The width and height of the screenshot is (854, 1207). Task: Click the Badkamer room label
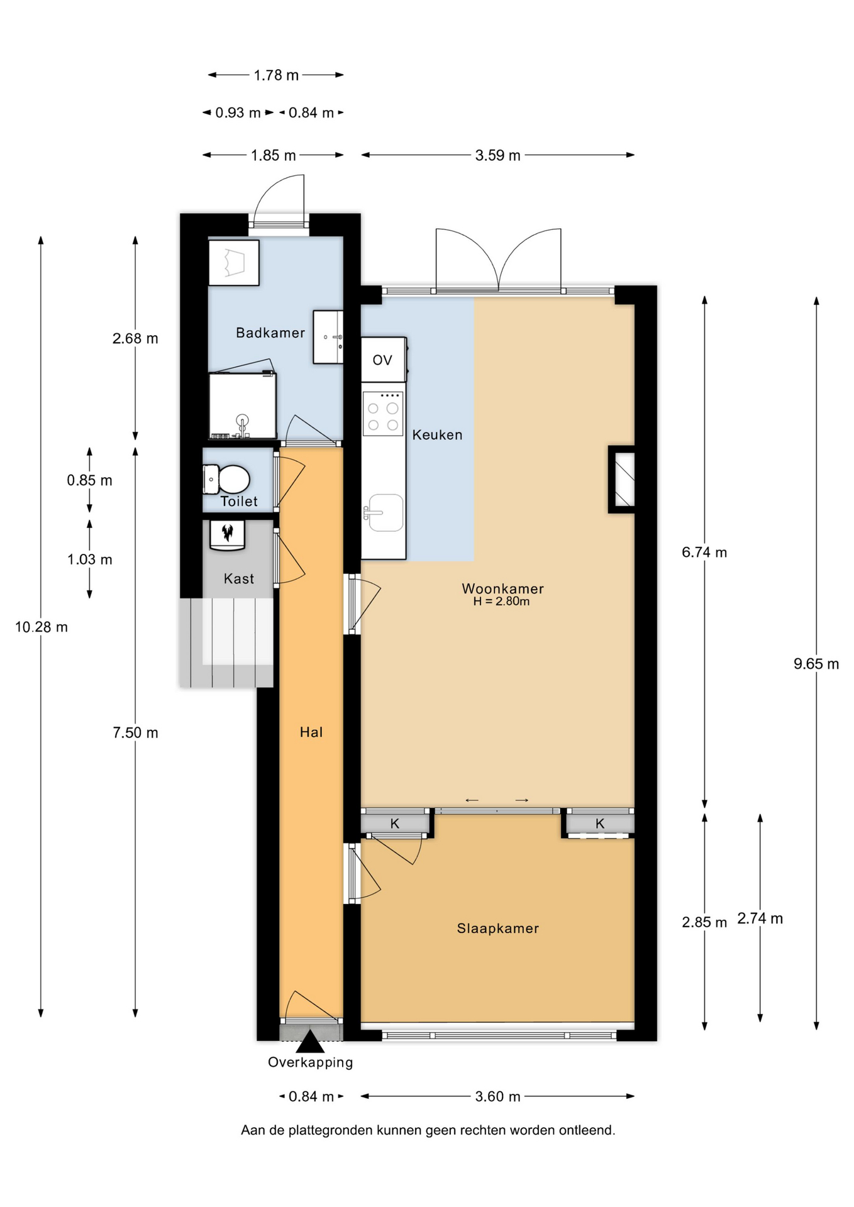coord(270,333)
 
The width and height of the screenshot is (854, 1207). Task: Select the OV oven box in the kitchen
coord(384,360)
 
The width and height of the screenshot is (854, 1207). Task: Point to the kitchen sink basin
coord(385,512)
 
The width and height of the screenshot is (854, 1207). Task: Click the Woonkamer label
coord(502,588)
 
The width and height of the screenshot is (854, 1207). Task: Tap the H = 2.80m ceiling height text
coord(501,602)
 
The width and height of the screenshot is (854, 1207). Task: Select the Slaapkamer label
coord(498,929)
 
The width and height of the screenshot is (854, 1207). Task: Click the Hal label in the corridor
coord(311,732)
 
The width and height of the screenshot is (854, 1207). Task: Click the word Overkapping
coord(311,1062)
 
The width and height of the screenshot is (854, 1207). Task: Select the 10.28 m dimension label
coord(42,627)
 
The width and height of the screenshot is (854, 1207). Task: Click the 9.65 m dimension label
coord(816,664)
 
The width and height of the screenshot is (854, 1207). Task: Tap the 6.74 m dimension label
coord(704,552)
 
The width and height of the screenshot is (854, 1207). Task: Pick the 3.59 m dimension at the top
coord(498,155)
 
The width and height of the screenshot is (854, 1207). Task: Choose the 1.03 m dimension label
coord(90,559)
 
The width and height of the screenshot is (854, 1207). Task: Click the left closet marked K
coord(395,824)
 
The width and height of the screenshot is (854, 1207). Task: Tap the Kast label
coord(239,578)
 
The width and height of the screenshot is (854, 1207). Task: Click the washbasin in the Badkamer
coord(328,337)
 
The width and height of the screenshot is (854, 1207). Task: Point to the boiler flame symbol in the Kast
coord(227,533)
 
